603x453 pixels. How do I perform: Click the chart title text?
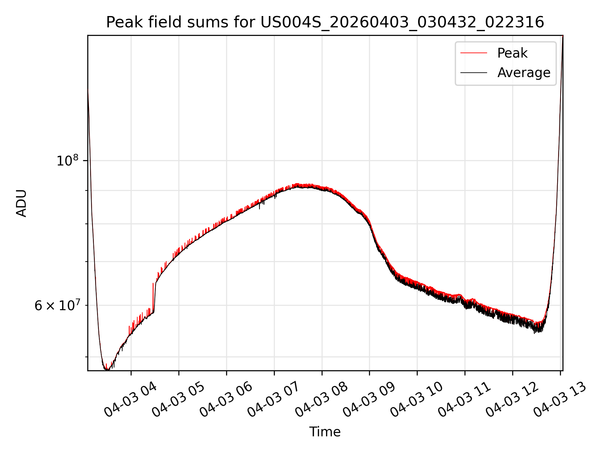coord(325,22)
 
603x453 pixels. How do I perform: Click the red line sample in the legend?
coord(474,53)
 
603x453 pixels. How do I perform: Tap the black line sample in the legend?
coord(474,73)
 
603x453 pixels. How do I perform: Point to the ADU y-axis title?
coord(21,203)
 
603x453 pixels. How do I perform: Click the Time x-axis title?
coord(325,432)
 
